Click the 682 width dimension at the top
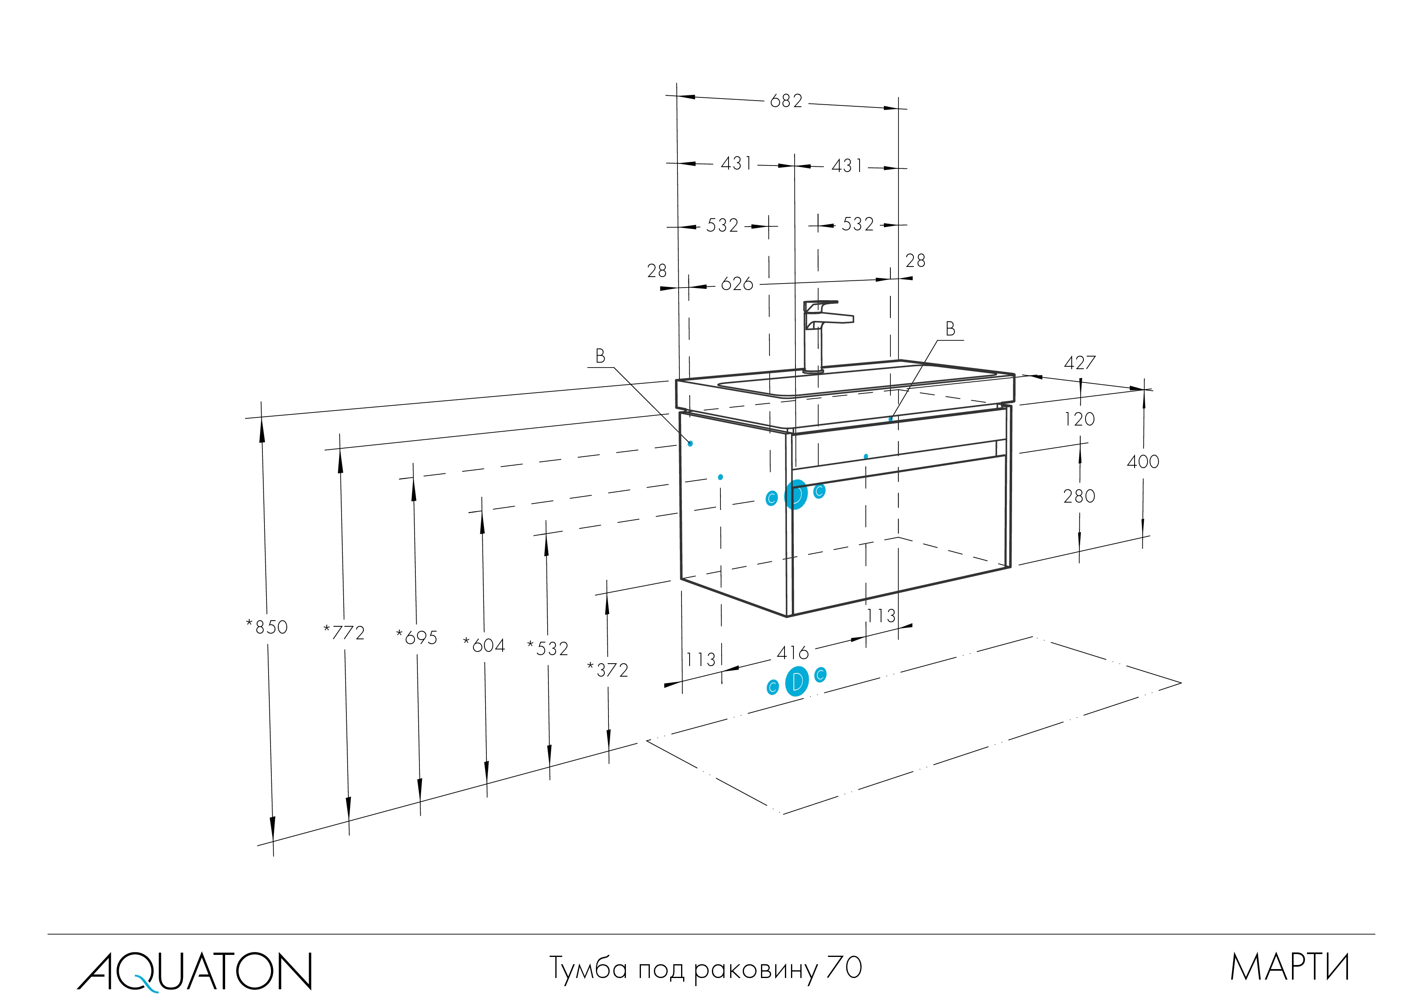786,101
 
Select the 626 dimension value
737,284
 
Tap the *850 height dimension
267,627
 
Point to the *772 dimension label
344,633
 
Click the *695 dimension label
417,638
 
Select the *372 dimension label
608,671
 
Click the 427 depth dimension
1080,363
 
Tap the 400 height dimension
1143,462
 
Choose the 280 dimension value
1079,497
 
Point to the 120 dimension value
1079,419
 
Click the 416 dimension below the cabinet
793,653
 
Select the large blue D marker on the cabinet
796,494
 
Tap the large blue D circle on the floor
797,682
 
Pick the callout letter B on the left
600,357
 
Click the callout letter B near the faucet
950,329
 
